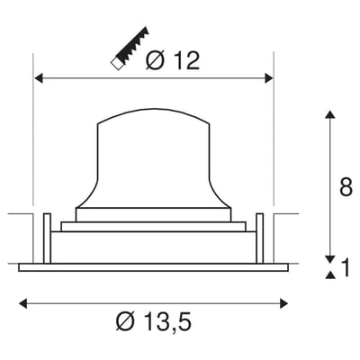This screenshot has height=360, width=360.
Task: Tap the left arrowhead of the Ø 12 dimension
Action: pos(39,79)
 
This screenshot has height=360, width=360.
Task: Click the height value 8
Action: pos(346,188)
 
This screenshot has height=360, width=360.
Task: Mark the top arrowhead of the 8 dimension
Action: pos(329,114)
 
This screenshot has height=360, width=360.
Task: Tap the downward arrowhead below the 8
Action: pos(329,256)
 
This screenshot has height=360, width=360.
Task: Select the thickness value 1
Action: pos(346,267)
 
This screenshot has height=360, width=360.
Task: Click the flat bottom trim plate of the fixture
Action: pos(152,266)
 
